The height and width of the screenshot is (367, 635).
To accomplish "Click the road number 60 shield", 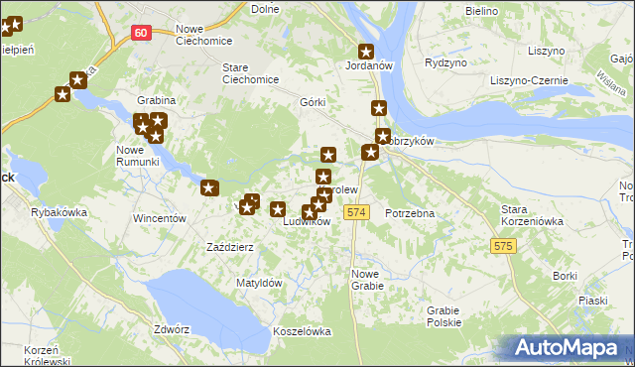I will (x=141, y=33).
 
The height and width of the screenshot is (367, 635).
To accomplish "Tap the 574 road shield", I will (x=357, y=212).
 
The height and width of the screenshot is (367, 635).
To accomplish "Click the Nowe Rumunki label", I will (x=137, y=156).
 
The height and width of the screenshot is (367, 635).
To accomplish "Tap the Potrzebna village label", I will (x=411, y=213).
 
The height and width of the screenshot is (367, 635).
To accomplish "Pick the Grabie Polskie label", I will (x=444, y=316).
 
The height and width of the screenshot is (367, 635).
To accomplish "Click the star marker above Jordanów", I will (x=366, y=51).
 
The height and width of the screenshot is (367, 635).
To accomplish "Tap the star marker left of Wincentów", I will (x=209, y=187).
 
